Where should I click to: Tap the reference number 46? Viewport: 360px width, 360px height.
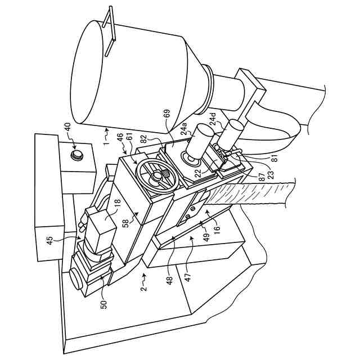120,137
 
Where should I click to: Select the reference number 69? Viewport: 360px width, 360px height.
166,115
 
